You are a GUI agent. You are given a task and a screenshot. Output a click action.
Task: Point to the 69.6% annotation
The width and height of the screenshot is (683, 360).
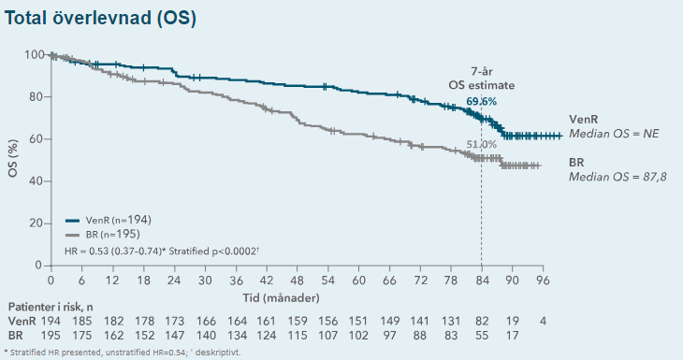(482, 100)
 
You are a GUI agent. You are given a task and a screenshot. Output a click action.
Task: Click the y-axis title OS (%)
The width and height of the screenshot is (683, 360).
(13, 159)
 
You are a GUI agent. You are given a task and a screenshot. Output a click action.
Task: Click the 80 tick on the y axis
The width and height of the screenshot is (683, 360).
(36, 96)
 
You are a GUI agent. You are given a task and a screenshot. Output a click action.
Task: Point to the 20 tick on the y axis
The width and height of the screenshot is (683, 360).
(36, 223)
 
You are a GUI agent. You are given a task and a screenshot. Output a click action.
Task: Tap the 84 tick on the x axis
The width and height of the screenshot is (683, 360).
(481, 280)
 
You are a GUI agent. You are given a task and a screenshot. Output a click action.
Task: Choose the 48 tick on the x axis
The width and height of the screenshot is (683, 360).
(297, 280)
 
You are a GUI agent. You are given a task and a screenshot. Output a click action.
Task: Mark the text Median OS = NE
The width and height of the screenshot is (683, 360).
(614, 135)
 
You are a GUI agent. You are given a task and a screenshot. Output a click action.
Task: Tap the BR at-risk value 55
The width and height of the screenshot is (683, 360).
(481, 335)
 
